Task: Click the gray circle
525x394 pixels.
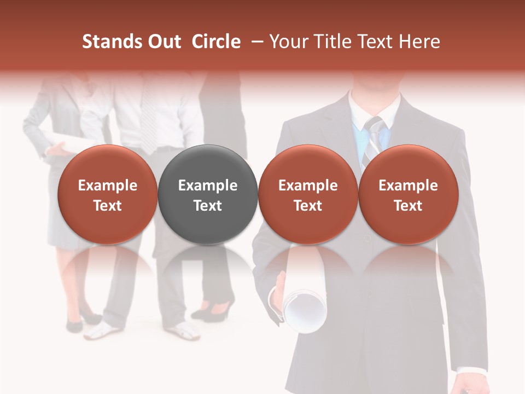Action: (x=208, y=194)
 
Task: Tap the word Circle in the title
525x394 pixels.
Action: (x=216, y=42)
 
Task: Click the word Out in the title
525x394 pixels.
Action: (x=165, y=42)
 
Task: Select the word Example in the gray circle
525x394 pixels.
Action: (x=208, y=186)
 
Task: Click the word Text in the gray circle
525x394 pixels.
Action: (x=208, y=206)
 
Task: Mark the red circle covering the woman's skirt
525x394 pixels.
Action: (x=107, y=194)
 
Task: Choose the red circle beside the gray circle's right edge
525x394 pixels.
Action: (x=308, y=194)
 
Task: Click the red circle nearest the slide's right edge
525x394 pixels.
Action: (x=408, y=194)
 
